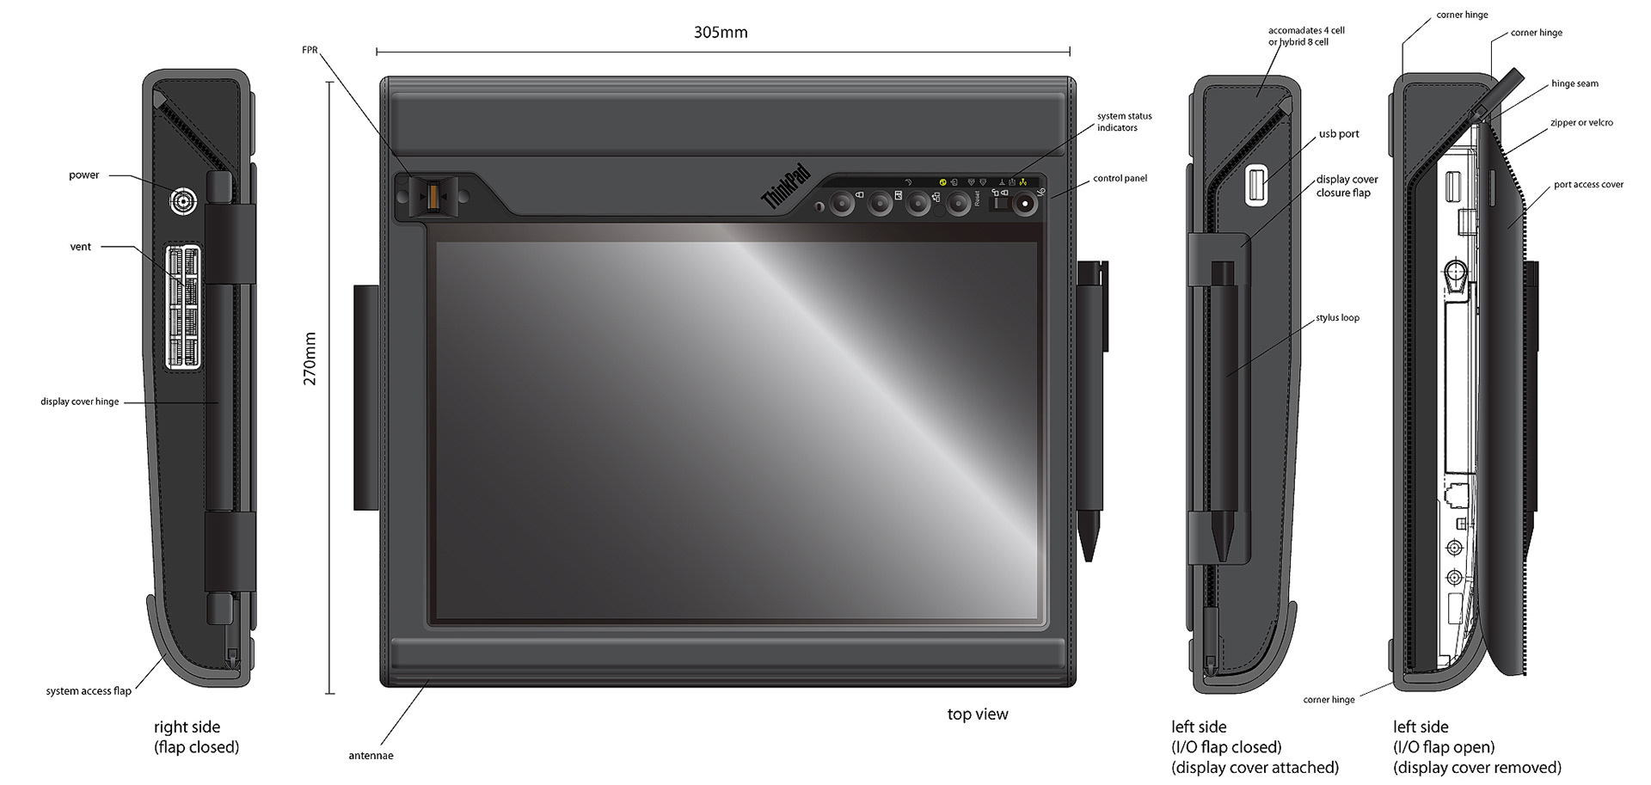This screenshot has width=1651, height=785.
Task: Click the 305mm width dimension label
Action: pyautogui.click(x=721, y=33)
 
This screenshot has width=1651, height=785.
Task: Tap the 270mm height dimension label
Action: pyautogui.click(x=310, y=359)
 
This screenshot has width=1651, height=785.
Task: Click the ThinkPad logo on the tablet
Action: pyautogui.click(x=786, y=187)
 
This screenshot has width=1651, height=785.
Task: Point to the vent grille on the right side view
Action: pyautogui.click(x=183, y=307)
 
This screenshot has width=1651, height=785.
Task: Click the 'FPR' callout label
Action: pyautogui.click(x=310, y=50)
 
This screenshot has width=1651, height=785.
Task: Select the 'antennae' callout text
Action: pyautogui.click(x=371, y=756)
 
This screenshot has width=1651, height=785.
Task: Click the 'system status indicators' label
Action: pyautogui.click(x=1124, y=122)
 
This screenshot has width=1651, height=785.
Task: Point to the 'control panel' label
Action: pyautogui.click(x=1120, y=179)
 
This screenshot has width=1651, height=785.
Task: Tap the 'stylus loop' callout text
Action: pyautogui.click(x=1337, y=318)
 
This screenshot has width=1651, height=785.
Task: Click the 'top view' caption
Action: pyautogui.click(x=978, y=714)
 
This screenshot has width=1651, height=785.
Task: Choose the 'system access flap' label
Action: pyautogui.click(x=89, y=691)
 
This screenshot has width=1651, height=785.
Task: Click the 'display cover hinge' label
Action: pyautogui.click(x=80, y=402)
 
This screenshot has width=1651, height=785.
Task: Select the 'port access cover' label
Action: pyautogui.click(x=1588, y=185)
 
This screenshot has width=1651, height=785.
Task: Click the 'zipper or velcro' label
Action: pyautogui.click(x=1581, y=123)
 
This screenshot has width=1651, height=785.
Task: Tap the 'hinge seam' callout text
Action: pyautogui.click(x=1574, y=83)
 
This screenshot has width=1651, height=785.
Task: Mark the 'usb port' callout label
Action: pyautogui.click(x=1339, y=134)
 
